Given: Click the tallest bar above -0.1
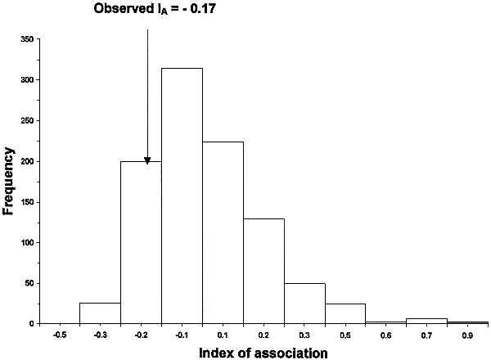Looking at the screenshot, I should point(182,196).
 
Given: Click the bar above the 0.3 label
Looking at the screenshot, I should point(304,304).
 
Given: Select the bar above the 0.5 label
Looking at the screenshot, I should point(345,314).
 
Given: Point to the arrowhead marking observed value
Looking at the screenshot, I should point(147,160).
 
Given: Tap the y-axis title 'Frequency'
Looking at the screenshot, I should point(10,180).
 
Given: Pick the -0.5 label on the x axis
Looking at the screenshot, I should point(59,335).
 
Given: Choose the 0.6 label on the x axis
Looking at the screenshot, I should point(386,335).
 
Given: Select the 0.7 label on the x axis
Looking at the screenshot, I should point(427,335).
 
